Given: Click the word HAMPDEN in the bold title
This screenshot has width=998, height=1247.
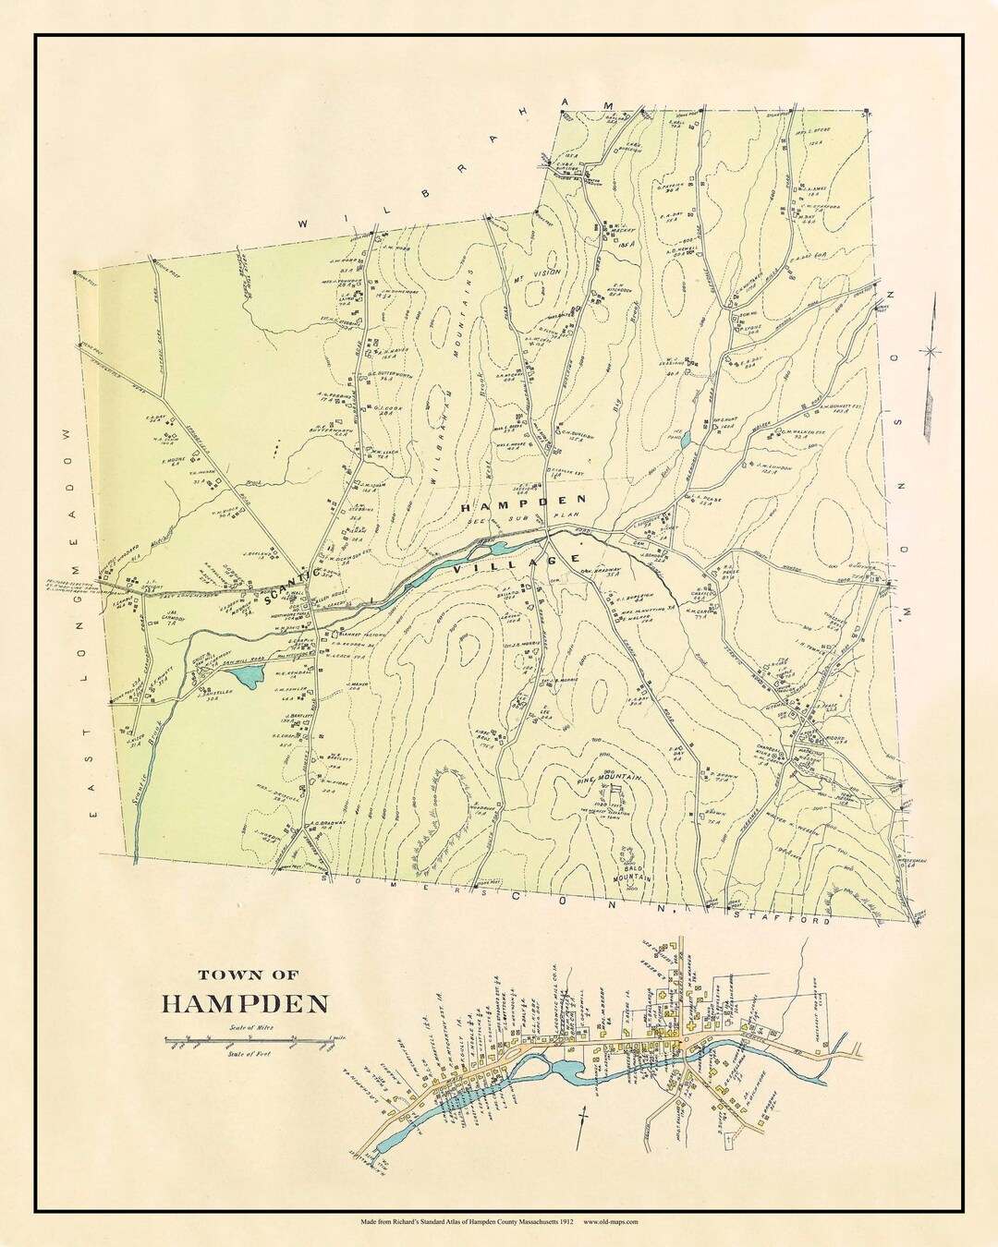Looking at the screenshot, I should (246, 1003).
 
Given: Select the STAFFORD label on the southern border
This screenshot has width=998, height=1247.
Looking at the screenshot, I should (782, 919).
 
